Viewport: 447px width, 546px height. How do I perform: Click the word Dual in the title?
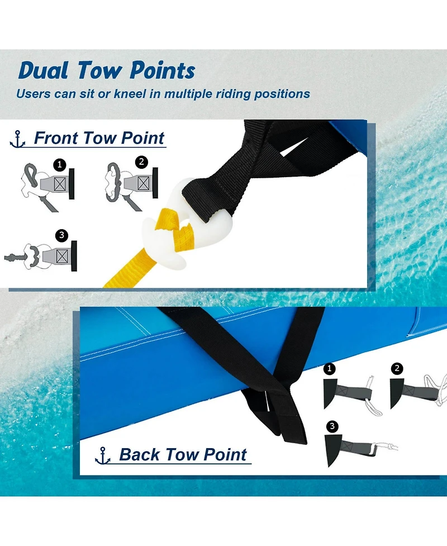tap(43, 70)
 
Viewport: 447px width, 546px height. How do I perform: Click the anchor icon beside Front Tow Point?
tap(17, 139)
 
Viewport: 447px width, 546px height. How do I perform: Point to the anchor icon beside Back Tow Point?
tap(103, 456)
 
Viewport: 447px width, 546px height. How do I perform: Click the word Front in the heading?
tap(56, 138)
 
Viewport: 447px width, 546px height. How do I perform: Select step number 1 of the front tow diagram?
tap(60, 164)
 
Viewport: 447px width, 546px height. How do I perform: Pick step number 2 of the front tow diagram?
tap(141, 162)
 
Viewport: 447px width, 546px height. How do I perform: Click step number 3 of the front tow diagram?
tap(61, 235)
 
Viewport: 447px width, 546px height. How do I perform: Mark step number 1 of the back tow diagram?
tap(329, 368)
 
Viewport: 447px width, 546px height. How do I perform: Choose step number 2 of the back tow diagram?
tap(397, 368)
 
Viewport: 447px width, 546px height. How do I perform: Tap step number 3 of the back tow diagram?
tap(332, 426)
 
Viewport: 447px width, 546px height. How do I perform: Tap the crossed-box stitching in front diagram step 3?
tap(62, 257)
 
